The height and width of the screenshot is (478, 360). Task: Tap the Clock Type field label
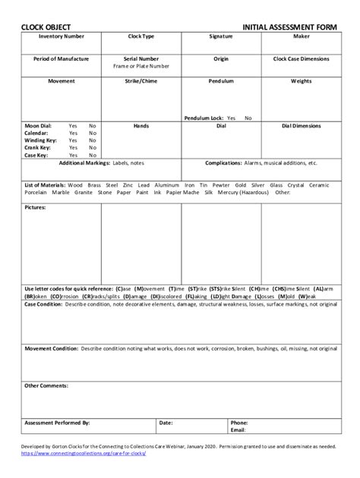pyautogui.click(x=141, y=36)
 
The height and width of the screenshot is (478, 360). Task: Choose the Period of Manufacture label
pyautogui.click(x=62, y=58)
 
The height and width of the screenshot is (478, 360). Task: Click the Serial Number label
pyautogui.click(x=141, y=58)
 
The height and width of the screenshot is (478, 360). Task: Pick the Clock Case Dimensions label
pyautogui.click(x=300, y=58)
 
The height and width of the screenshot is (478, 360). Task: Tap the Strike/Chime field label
pyautogui.click(x=141, y=80)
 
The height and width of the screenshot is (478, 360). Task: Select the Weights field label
pyautogui.click(x=300, y=80)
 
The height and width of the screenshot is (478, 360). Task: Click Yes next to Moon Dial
pyautogui.click(x=73, y=125)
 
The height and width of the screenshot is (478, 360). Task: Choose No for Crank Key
pyautogui.click(x=93, y=148)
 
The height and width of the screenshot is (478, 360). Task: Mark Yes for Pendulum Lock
pyautogui.click(x=231, y=118)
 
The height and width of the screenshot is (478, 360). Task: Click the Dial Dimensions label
pyautogui.click(x=300, y=125)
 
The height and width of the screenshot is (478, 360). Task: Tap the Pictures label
pyautogui.click(x=36, y=206)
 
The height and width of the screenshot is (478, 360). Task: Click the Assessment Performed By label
pyautogui.click(x=58, y=422)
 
